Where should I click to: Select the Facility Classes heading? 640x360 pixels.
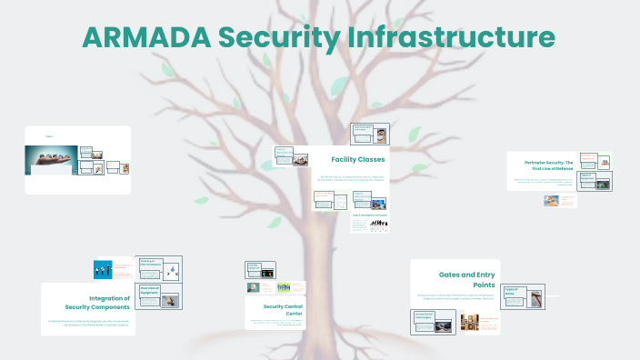coord(357,160)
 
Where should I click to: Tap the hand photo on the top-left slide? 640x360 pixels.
coord(51,160)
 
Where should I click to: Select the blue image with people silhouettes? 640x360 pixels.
coord(103,269)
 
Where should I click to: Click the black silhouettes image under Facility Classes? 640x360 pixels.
coord(370,223)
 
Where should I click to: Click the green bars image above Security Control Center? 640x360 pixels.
coord(284,286)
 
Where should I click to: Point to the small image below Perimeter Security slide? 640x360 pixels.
coord(551,201)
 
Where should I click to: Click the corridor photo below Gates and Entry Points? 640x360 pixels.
coord(469,322)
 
